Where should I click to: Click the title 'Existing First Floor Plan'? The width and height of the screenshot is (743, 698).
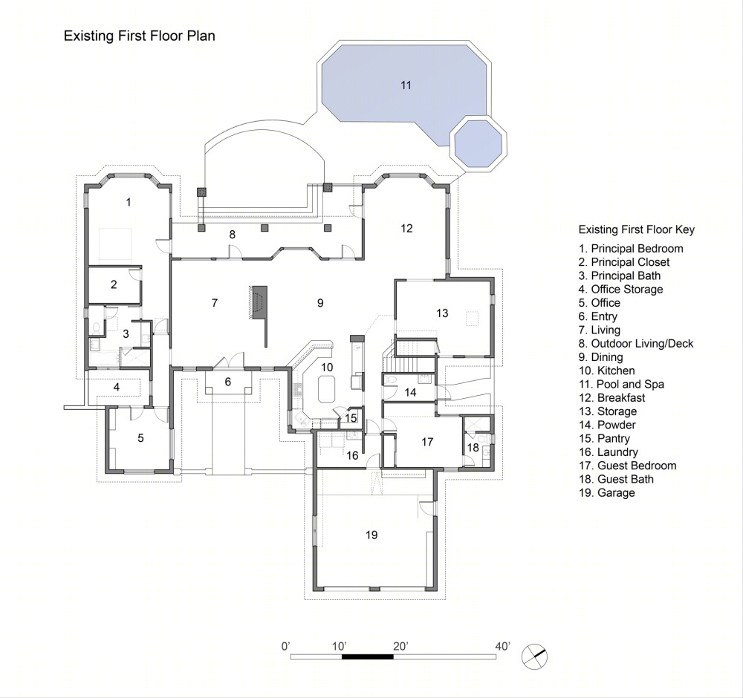pos(140,36)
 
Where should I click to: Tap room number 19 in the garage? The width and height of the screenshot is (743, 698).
pos(371,535)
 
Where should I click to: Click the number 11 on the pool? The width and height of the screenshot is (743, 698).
pos(406,85)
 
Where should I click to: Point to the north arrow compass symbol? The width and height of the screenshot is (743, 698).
pos(534,657)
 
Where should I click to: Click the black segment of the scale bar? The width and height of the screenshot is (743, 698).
pos(368,657)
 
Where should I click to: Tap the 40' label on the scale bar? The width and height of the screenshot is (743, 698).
pos(503,646)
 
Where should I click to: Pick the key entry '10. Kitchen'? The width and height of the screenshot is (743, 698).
pos(606,371)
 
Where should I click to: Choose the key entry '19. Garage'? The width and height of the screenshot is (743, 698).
pos(606,493)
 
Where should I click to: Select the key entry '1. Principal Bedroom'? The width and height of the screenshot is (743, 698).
pos(631,249)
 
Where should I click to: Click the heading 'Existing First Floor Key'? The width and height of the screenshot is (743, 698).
pos(637,229)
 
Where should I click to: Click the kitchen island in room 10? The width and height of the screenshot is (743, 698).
pos(325,389)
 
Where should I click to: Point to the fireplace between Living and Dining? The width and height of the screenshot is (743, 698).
pos(259,303)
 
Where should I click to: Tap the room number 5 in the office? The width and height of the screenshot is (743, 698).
pos(140,438)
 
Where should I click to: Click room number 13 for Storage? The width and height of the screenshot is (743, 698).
pos(442,313)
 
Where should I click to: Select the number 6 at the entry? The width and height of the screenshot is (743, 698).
pos(228,382)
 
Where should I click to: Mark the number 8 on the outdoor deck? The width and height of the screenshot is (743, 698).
pos(232,235)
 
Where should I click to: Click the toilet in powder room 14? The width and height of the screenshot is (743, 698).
pos(391,379)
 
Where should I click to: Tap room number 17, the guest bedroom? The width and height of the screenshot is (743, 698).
pos(427,442)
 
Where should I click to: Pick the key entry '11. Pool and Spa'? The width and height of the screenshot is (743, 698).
pos(621,385)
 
